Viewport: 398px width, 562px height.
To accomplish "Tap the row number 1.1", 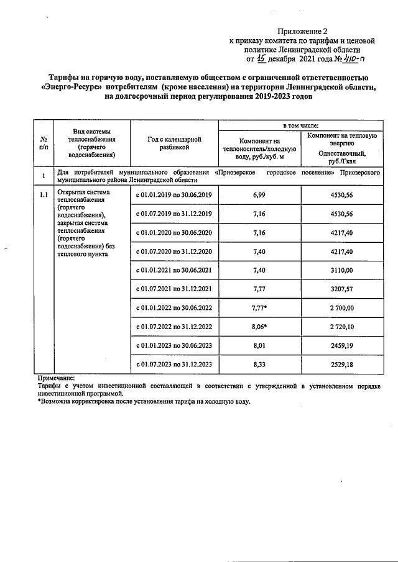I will coord(43,195).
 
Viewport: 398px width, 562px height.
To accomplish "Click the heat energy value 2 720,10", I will coord(341,326).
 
